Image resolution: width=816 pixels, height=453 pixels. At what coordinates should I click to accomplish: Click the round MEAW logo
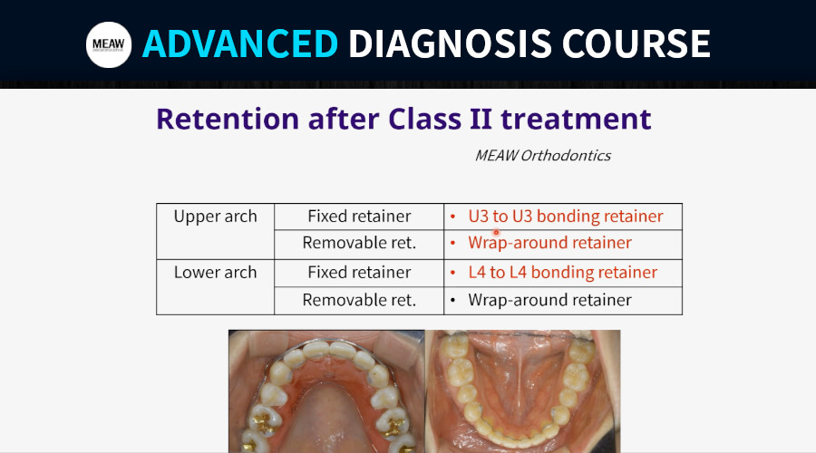108,44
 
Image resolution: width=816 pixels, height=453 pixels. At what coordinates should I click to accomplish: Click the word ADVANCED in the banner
240,43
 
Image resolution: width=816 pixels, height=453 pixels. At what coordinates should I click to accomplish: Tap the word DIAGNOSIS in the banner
450,43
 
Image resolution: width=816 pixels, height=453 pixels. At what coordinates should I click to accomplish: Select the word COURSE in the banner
636,43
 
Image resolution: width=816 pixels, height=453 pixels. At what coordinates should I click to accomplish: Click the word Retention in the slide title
228,119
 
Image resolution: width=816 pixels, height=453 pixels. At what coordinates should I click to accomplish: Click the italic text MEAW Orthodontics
543,156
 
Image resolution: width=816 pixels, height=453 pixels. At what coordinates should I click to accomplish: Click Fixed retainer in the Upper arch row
359,217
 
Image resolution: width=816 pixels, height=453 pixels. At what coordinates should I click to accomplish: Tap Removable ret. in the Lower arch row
359,300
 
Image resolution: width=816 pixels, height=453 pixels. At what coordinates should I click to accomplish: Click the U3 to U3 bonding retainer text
566,217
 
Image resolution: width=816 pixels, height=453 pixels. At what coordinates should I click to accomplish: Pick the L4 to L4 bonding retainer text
562,273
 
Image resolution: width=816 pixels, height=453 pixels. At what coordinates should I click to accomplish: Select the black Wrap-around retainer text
550,300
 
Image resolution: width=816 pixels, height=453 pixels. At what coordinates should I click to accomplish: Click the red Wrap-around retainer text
550,243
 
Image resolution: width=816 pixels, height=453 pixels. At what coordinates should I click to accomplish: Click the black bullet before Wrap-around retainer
452,300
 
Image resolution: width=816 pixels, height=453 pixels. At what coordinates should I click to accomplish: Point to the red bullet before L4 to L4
452,272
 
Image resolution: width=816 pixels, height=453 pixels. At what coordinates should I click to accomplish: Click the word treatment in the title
576,119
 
